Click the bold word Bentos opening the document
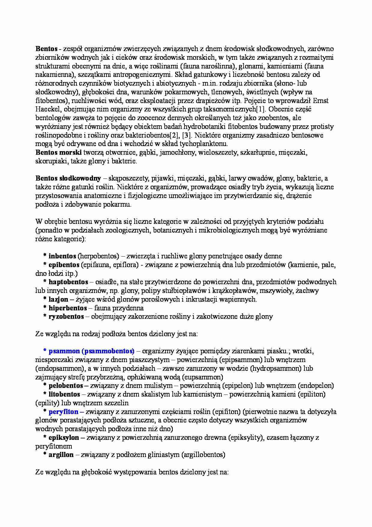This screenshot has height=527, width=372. coord(46,49)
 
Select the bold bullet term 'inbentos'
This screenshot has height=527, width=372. coord(62,256)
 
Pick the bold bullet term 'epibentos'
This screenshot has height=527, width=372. coord(64,265)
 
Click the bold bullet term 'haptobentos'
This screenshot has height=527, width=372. coord(68,282)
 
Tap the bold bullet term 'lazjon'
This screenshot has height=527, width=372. coord(58,299)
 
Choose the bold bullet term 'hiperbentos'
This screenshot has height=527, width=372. coord(67,308)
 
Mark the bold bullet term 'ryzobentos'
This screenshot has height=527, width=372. coord(66,316)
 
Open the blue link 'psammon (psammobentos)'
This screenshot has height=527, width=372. coord(91,351)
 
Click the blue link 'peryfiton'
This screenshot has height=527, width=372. coord(63,412)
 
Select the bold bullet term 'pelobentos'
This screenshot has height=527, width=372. coord(65,385)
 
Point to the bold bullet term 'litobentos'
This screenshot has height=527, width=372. coord(64,394)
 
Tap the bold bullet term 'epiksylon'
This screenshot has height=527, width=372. coord(64,437)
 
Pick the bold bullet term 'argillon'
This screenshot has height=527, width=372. coord(61,455)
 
